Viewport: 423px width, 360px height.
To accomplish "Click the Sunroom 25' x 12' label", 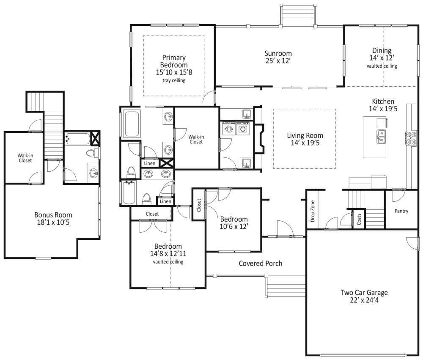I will coord(278,57).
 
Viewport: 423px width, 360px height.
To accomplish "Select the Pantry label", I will coord(401,211).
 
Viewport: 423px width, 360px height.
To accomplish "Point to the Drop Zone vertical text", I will coord(313,211).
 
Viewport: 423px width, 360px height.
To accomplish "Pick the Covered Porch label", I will coord(260,264).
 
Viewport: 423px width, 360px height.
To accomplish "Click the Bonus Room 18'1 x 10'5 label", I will coord(53,218).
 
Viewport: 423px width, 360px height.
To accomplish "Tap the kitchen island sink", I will coord(381,136).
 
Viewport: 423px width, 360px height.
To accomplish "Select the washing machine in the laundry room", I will coord(229,129).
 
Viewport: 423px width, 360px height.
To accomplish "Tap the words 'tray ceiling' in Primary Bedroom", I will coord(174,80).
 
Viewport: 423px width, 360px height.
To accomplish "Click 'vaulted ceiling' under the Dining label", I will coord(382,66).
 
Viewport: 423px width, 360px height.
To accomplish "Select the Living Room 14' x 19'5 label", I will coord(305,139).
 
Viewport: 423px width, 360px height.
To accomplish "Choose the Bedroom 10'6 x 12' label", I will coord(233,223).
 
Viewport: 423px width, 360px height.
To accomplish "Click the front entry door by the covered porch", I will coord(283,231).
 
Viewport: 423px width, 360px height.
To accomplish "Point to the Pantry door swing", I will coord(398,195).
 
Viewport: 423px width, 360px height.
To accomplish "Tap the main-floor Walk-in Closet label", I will coord(195,139).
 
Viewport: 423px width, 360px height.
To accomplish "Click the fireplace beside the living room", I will coord(260,138).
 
